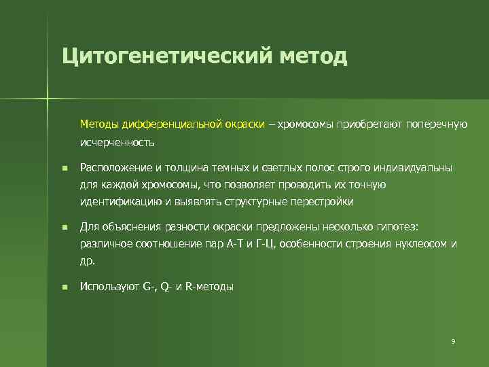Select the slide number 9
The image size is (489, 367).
pos(452,340)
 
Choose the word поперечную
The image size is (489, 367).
pos(435,124)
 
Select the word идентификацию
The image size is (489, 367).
pos(117,202)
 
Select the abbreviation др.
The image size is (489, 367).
pos(88,261)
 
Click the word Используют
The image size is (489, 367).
pos(109,287)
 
